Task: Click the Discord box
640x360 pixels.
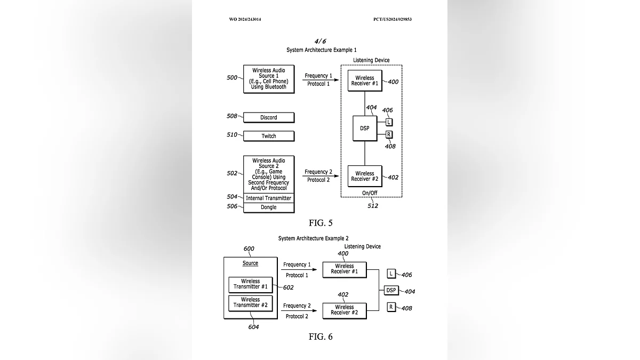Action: click(x=269, y=117)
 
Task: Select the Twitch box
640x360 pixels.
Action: click(x=269, y=136)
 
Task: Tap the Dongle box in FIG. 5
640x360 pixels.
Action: click(x=269, y=207)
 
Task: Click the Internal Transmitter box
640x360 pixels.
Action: click(x=269, y=198)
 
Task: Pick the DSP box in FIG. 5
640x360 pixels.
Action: click(x=365, y=128)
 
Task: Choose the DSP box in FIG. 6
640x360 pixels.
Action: click(x=391, y=290)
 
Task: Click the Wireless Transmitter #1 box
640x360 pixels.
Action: click(x=250, y=284)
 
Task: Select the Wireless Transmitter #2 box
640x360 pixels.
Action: click(x=250, y=303)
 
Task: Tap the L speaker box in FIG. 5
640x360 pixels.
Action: click(x=389, y=122)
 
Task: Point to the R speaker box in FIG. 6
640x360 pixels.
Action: click(x=391, y=307)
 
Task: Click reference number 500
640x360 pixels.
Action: click(x=232, y=78)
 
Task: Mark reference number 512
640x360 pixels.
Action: click(x=373, y=206)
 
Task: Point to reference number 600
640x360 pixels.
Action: click(x=249, y=249)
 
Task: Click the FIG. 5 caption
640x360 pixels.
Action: click(x=321, y=223)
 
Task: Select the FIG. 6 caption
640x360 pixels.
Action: click(x=321, y=337)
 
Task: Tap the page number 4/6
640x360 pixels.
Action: click(x=321, y=41)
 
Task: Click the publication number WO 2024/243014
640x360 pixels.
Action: click(x=245, y=19)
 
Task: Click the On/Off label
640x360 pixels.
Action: click(x=370, y=193)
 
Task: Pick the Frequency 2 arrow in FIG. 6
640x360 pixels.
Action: click(x=298, y=311)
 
